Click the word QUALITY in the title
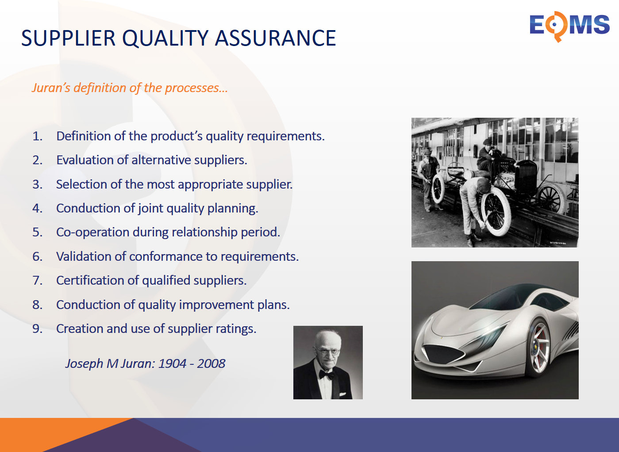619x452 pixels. tap(165, 39)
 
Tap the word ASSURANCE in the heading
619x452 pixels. tap(275, 38)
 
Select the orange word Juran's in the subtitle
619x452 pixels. tap(51, 88)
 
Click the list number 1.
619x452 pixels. tap(37, 136)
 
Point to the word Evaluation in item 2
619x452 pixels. tap(92, 160)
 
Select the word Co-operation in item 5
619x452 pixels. tap(92, 233)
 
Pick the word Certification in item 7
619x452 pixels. tap(90, 281)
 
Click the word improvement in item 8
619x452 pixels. tap(216, 305)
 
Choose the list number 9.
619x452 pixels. tap(37, 329)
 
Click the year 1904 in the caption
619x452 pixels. tap(172, 363)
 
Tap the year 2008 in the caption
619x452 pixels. tap(211, 363)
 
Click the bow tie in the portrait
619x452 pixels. tap(327, 375)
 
